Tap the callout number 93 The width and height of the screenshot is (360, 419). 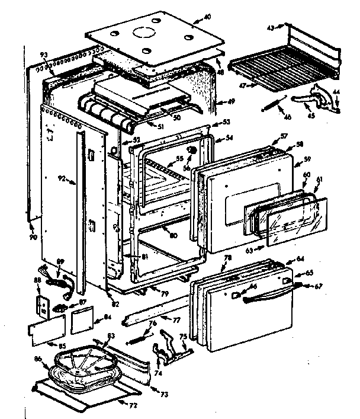pos(44,55)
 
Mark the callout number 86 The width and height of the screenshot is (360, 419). pos(38,359)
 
